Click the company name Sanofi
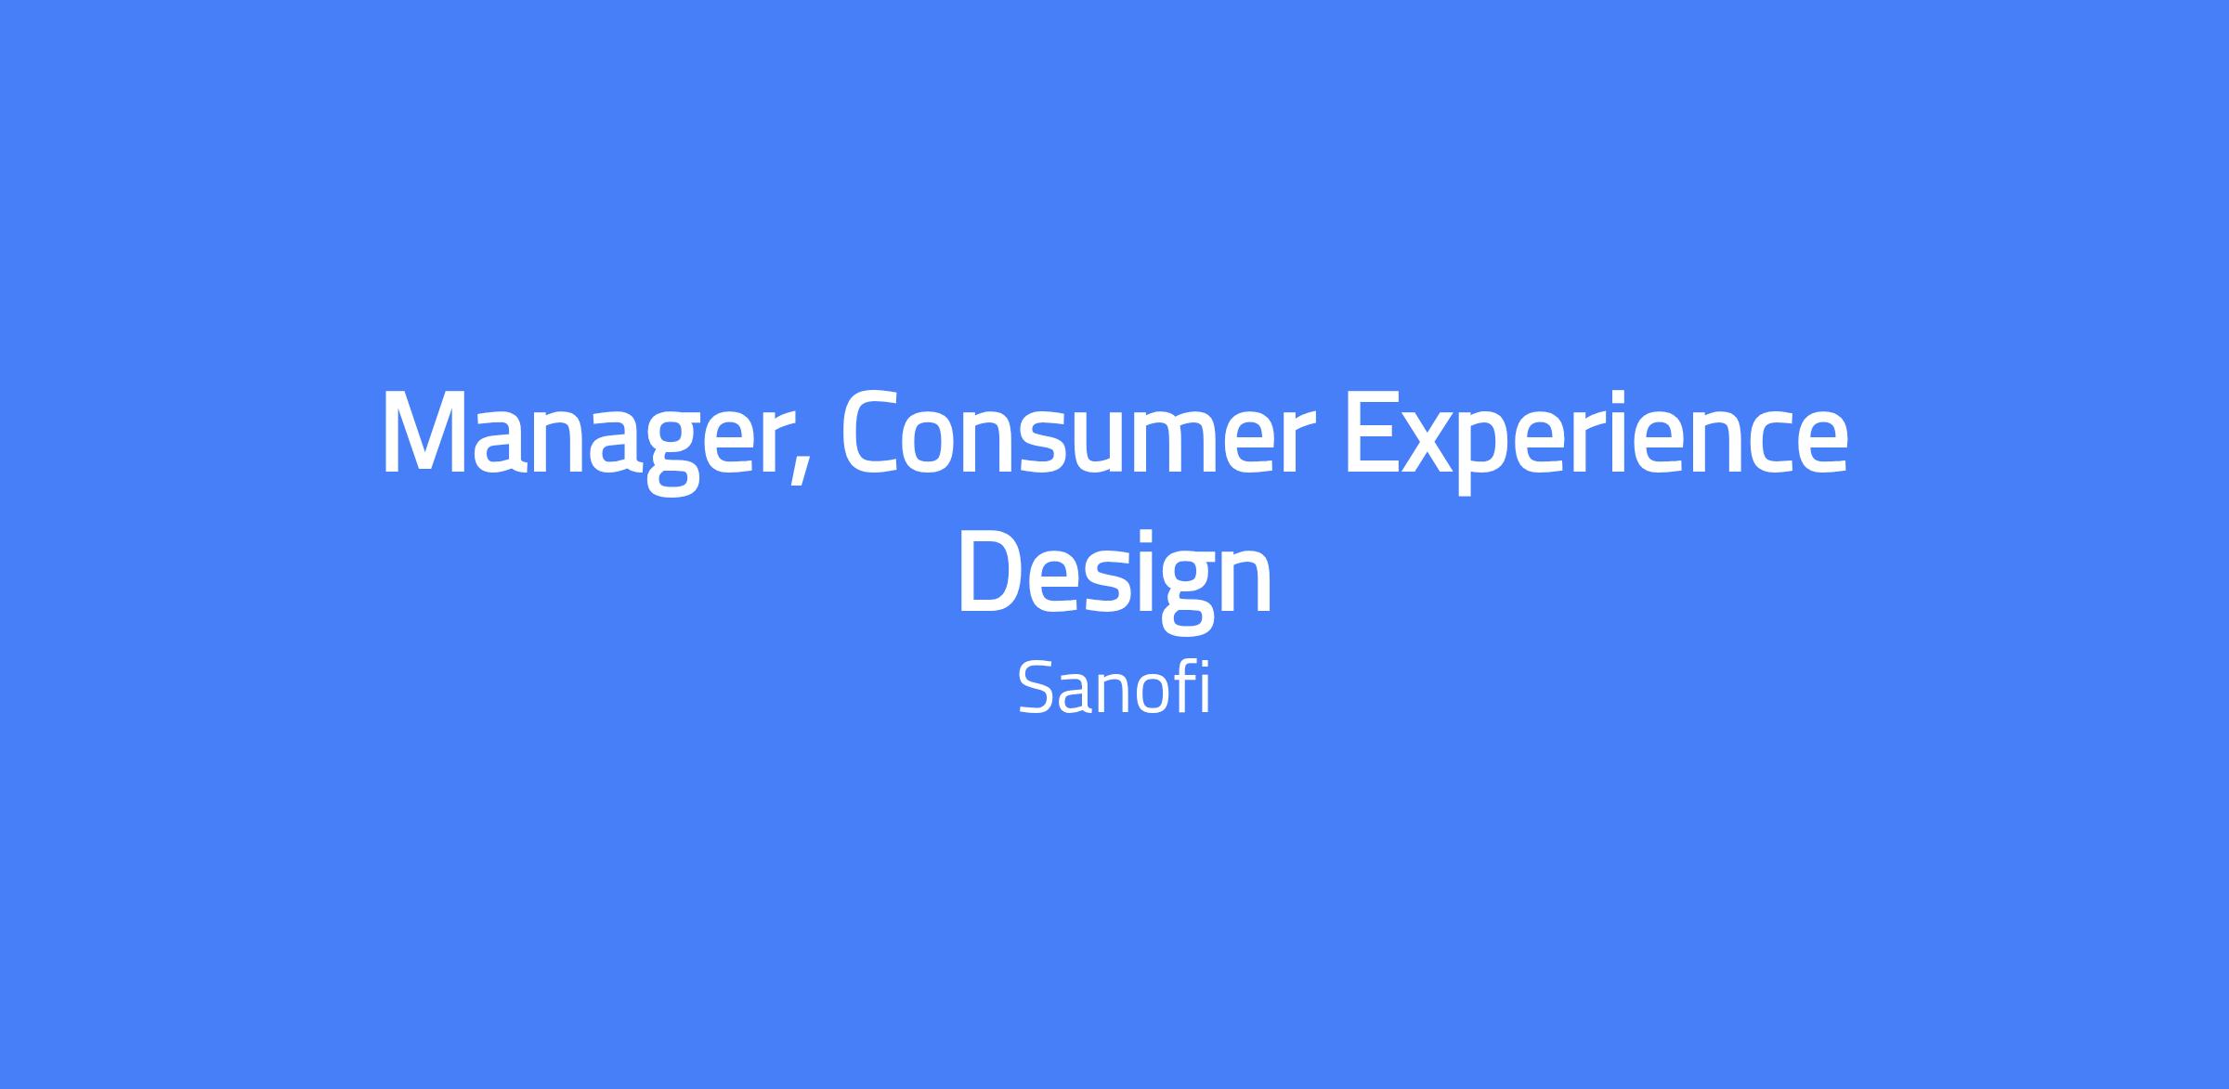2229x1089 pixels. coord(1114,687)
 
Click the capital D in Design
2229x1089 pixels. coord(991,571)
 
